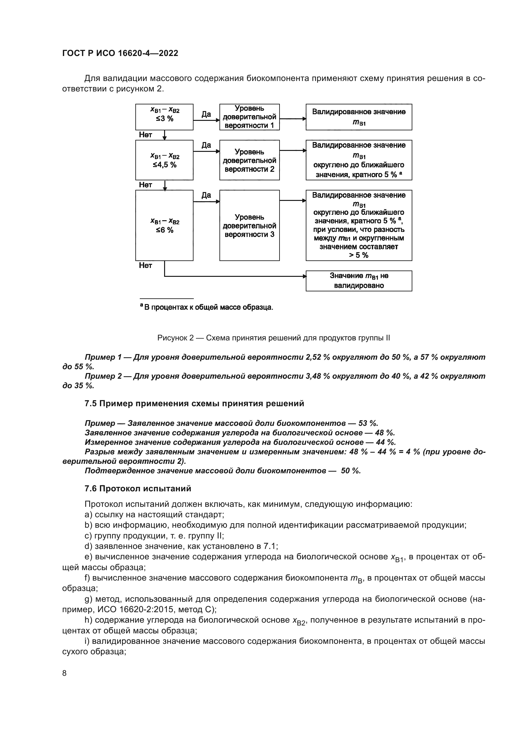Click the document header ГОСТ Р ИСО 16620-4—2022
pos(120,53)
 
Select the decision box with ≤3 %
pos(164,117)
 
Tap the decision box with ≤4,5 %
pos(164,160)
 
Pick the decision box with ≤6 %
pos(164,225)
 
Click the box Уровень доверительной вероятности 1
pos(249,117)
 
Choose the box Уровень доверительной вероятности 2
pos(249,160)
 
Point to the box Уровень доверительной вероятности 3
pos(249,225)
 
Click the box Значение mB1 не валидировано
pos(359,281)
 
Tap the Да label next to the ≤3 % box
pos(206,114)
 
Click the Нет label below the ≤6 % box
pos(145,265)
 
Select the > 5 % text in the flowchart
pos(359,255)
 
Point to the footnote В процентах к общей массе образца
pos(207,307)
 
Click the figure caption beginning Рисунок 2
pos(274,338)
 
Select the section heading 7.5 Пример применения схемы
pos(194,403)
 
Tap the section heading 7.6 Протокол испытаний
pos(138,488)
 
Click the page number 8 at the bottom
pos(65,673)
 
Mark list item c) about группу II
pos(154,536)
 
